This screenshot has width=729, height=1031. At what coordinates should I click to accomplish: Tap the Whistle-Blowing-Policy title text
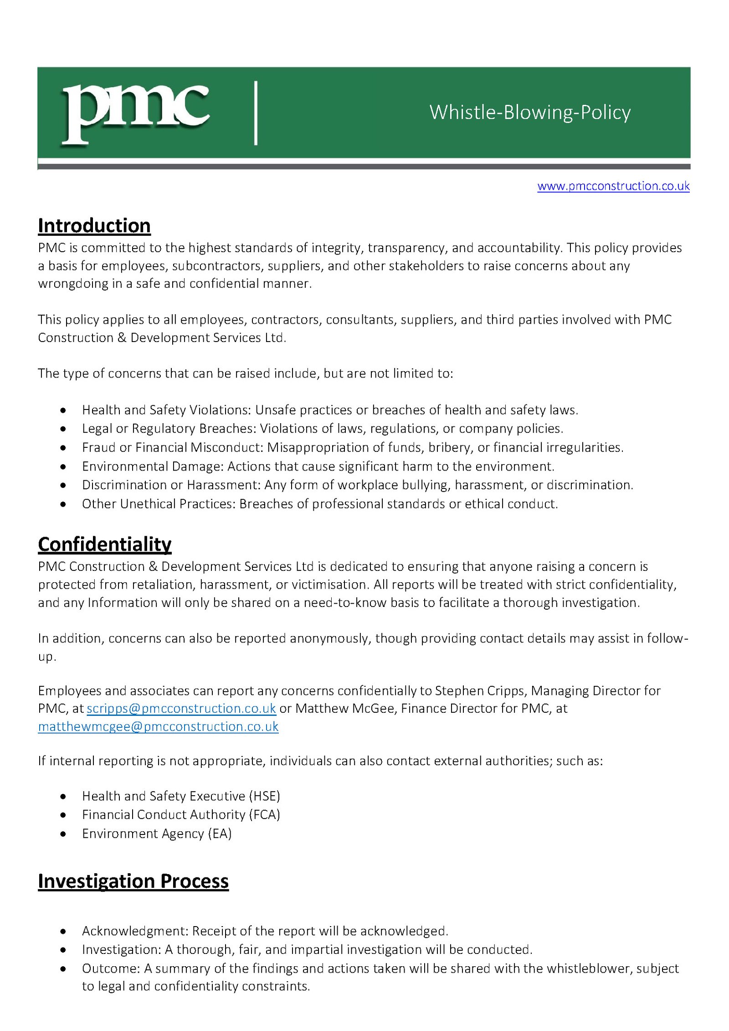pos(529,112)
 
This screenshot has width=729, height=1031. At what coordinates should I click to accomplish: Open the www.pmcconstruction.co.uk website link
pos(613,186)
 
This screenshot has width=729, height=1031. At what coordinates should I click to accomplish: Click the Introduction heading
pos(94,226)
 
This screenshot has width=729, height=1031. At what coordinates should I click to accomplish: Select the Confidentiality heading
pos(105,544)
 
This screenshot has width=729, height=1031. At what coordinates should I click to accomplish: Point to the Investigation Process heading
pos(133,881)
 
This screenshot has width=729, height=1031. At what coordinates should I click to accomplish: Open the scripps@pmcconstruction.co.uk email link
pos(181,708)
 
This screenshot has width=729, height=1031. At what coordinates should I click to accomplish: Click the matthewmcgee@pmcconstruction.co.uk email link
pos(158,726)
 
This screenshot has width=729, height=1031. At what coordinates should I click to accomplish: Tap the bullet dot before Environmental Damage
pos(63,466)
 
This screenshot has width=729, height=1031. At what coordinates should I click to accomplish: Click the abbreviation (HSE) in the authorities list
pos(264,796)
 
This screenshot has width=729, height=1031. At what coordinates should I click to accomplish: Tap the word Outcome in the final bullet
pos(109,968)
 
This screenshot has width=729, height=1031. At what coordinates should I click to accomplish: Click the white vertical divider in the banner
pos(256,113)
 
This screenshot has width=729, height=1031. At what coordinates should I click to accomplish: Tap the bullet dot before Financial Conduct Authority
pos(63,815)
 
